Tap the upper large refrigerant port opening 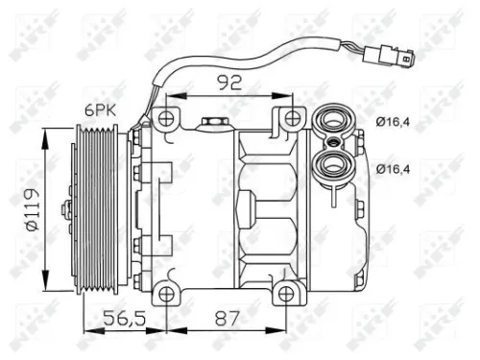tap(333, 122)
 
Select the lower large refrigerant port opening tap(333, 165)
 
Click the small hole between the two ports tap(333, 144)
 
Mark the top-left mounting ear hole tap(167, 120)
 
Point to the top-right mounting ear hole tap(289, 120)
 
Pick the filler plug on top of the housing tap(213, 123)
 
